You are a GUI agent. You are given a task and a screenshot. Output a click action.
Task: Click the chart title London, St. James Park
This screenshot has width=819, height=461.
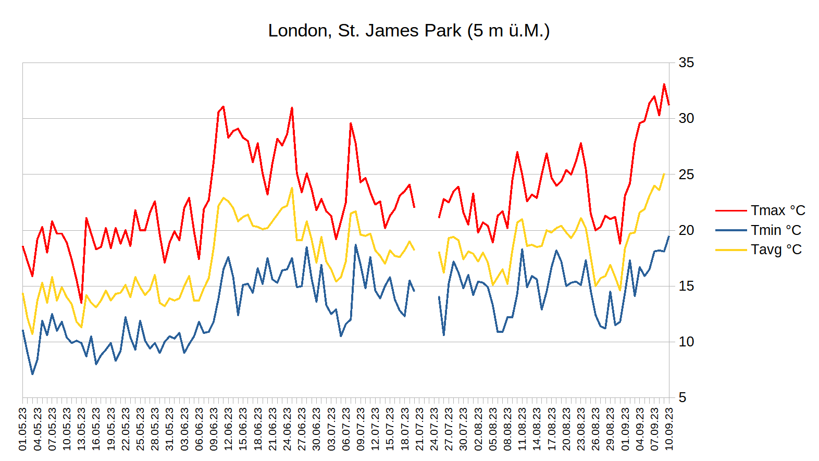[408, 31]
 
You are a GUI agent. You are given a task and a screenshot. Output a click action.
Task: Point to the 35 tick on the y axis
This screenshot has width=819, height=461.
[686, 63]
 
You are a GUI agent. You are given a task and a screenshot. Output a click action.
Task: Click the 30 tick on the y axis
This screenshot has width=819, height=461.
[686, 119]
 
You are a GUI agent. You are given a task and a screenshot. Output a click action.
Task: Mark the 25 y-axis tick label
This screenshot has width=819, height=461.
[686, 175]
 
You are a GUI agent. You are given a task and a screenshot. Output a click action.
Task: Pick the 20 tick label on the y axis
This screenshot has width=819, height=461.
[686, 230]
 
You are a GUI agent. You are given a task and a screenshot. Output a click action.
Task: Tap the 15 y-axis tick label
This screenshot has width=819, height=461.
[686, 286]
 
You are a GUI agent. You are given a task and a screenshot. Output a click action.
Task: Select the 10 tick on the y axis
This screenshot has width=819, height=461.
[686, 342]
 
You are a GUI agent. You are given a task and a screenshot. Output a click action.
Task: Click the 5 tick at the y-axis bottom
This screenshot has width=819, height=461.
[682, 398]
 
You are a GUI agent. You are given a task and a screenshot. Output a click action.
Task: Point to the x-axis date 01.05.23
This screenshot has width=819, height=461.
[23, 429]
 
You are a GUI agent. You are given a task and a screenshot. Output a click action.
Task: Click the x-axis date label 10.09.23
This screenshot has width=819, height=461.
[669, 429]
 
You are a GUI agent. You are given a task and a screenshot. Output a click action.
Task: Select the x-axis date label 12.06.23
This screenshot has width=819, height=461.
[229, 429]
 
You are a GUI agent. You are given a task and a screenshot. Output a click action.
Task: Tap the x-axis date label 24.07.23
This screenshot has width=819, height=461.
[434, 429]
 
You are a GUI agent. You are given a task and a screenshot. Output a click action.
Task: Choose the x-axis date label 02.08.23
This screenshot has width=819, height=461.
[478, 429]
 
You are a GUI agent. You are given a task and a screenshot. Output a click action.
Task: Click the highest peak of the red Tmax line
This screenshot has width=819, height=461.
[664, 84]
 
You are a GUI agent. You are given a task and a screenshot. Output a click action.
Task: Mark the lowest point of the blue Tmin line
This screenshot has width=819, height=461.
[32, 374]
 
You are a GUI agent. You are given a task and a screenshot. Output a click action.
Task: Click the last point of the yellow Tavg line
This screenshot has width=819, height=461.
[664, 174]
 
